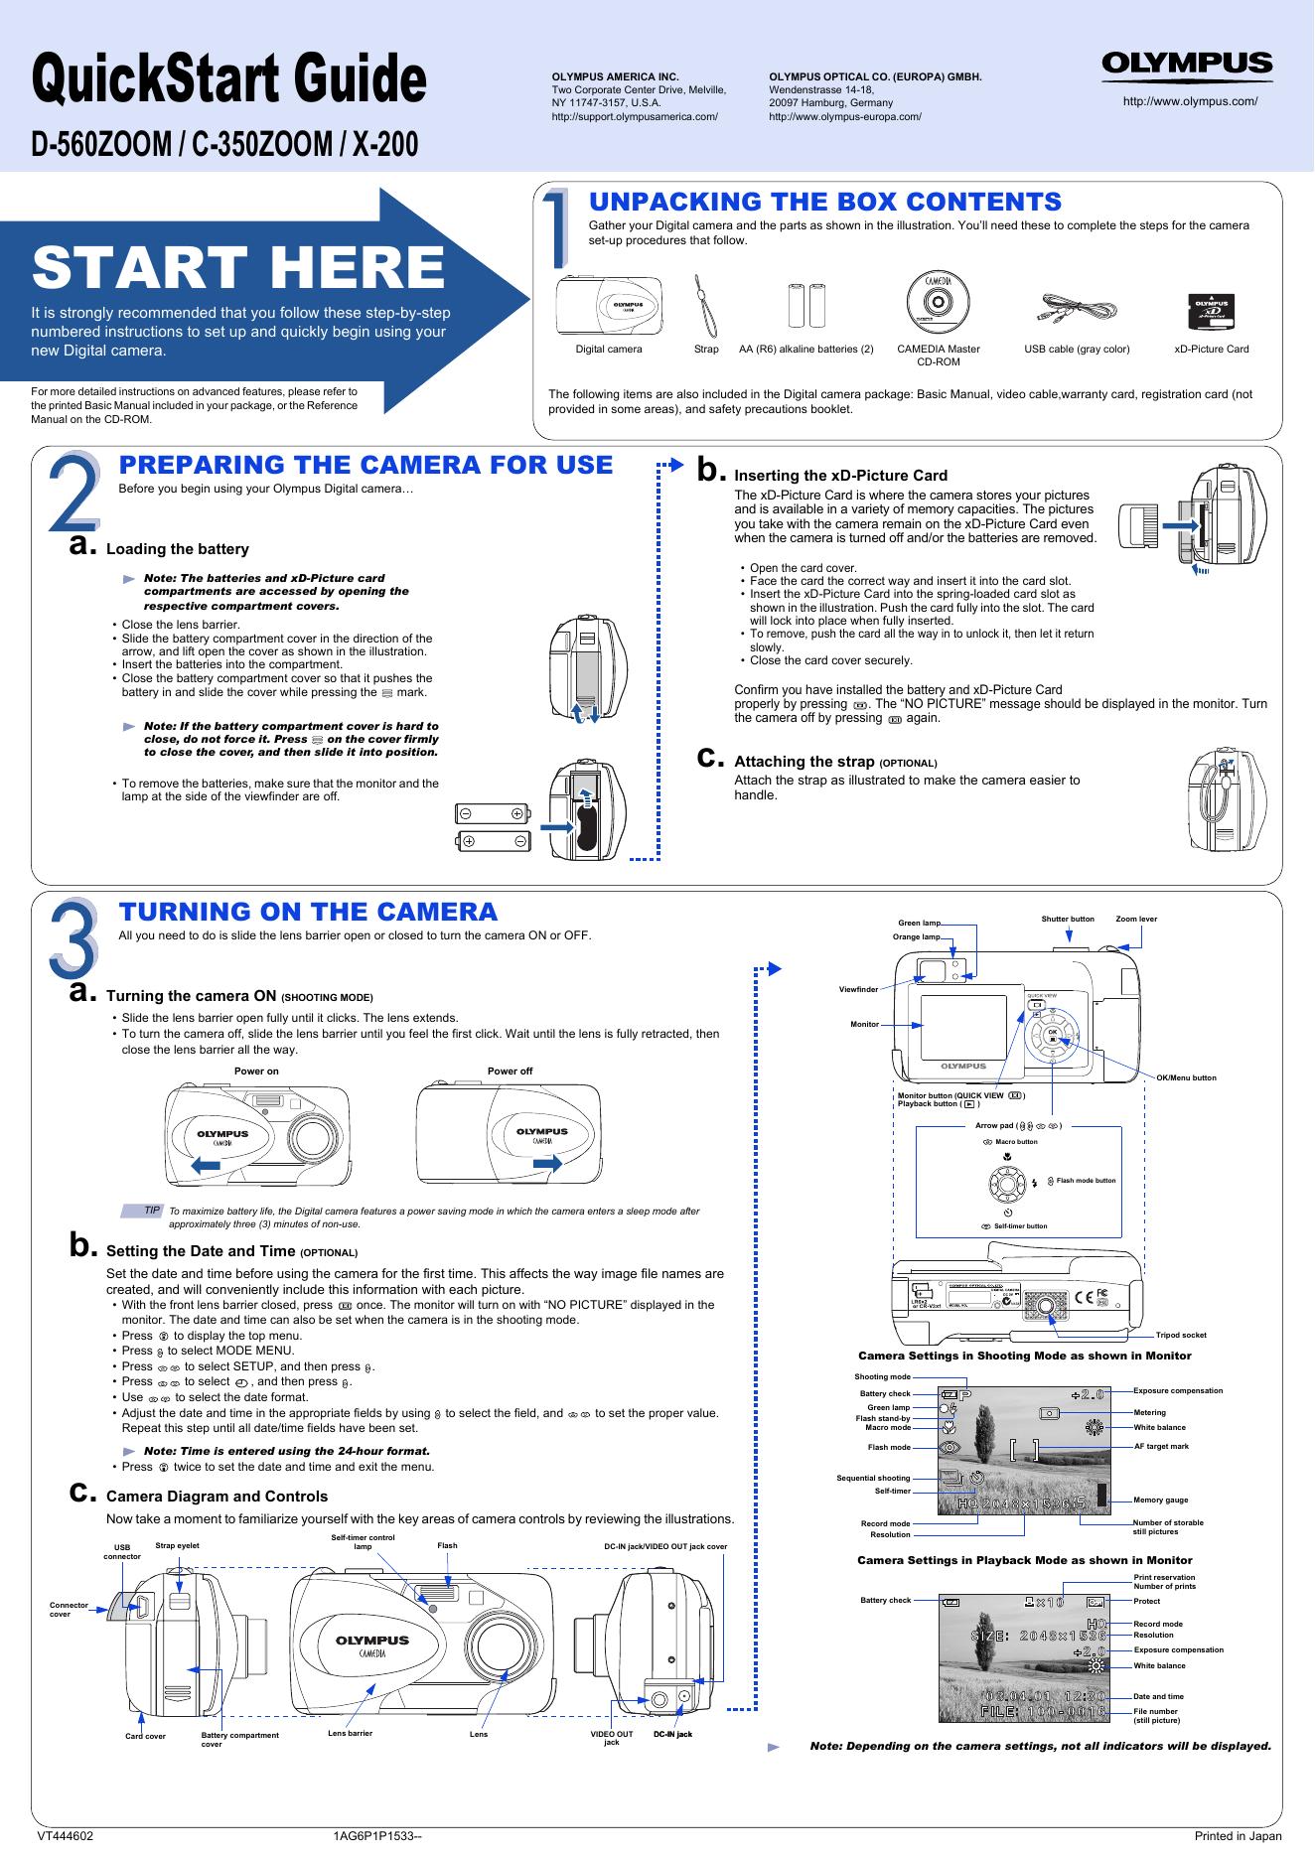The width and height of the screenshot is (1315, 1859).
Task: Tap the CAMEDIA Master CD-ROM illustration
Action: (938, 299)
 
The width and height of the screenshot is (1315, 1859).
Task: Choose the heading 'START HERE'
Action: (238, 268)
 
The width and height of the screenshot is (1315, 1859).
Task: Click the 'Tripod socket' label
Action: (1181, 1335)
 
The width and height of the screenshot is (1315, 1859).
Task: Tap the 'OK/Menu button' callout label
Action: (1186, 1077)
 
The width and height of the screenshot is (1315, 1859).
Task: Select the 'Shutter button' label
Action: (1067, 919)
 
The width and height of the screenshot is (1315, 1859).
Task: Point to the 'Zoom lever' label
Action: (1136, 919)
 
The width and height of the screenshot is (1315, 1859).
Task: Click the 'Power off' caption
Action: (510, 1072)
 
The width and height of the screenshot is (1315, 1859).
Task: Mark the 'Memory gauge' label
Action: (1160, 1500)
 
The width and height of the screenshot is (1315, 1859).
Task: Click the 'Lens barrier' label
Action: (350, 1732)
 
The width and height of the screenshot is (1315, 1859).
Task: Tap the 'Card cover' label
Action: (145, 1736)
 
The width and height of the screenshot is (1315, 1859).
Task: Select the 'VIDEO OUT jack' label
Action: (612, 1738)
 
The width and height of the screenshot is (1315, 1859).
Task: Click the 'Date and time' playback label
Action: (1158, 1696)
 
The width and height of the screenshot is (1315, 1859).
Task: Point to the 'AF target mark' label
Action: (1161, 1446)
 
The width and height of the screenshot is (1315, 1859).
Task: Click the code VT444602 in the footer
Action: (66, 1835)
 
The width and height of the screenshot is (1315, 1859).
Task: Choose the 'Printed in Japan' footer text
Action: (1238, 1835)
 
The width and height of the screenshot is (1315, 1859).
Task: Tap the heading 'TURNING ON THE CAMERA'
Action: (308, 912)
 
